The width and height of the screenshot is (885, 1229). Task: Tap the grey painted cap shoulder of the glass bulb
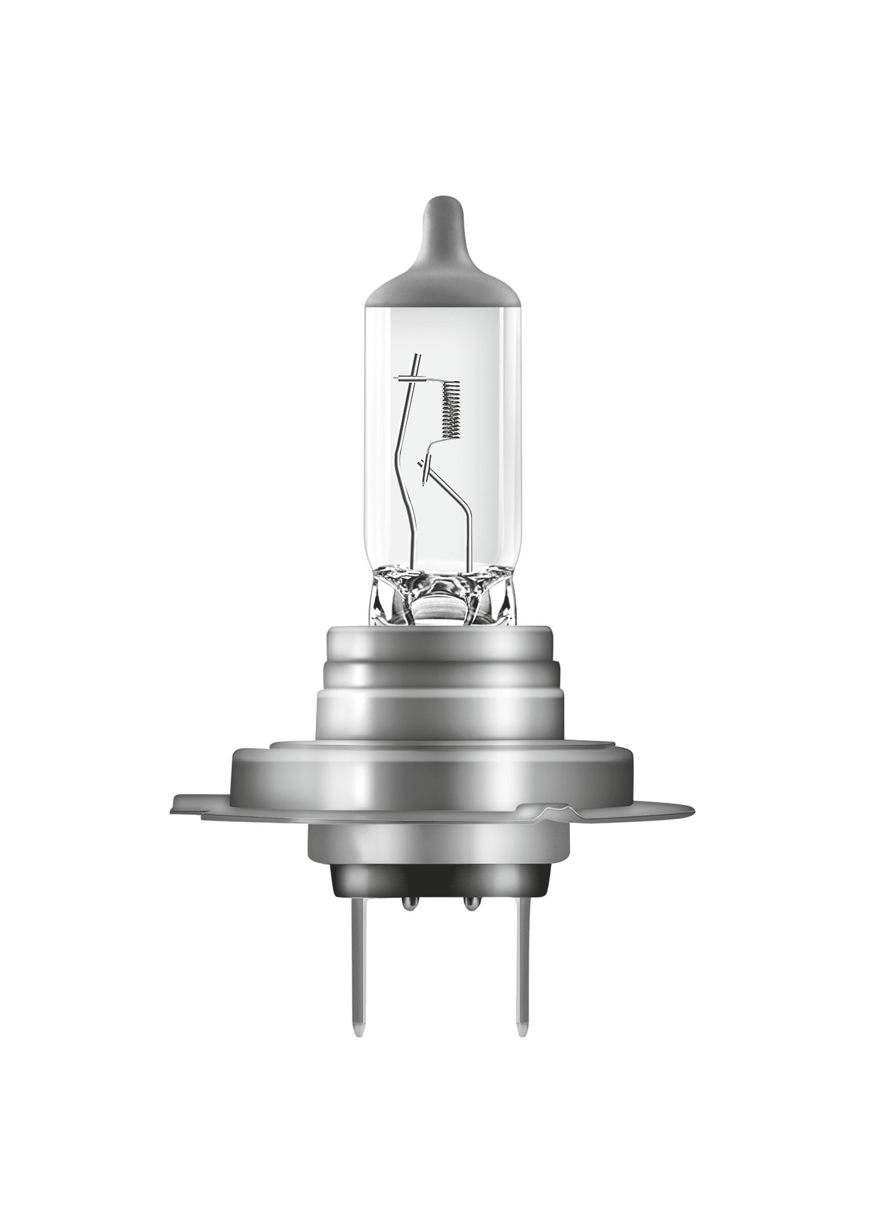point(439,282)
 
